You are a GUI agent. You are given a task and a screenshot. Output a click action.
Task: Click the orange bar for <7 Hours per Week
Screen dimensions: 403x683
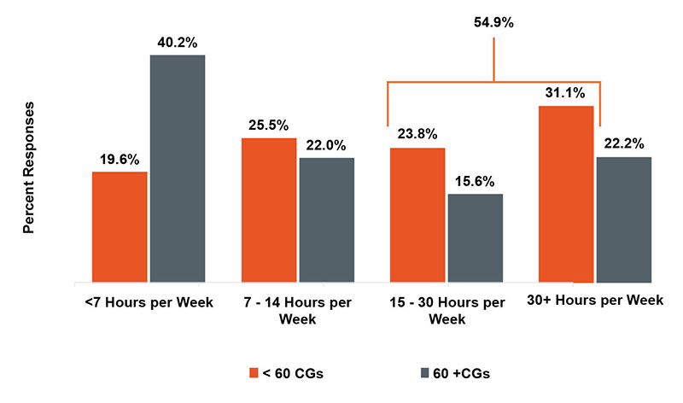[x=120, y=226]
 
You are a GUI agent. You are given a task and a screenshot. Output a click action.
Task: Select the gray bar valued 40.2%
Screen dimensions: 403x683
[x=178, y=168]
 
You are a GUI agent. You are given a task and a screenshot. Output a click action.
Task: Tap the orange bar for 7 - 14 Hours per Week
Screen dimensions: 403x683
[x=269, y=209]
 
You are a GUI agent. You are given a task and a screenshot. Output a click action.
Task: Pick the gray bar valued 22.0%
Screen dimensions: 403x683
[x=326, y=219]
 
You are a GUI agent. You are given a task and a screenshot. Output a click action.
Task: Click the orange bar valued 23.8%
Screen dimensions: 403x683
[x=417, y=214]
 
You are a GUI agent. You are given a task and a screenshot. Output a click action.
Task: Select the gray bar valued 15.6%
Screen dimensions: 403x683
[x=476, y=237]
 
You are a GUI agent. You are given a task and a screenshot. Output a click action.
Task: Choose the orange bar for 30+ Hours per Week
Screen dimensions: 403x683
[x=567, y=194]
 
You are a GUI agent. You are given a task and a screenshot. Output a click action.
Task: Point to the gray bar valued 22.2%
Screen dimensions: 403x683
[x=624, y=219]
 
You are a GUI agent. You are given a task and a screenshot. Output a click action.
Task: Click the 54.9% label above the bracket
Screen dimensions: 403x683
[x=493, y=23]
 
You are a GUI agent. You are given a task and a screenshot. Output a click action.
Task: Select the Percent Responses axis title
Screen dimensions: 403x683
[x=28, y=168]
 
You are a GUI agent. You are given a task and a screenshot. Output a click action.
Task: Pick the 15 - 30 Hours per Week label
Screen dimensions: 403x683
[x=447, y=311]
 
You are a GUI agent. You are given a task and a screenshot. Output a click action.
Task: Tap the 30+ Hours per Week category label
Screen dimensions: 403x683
[x=602, y=302]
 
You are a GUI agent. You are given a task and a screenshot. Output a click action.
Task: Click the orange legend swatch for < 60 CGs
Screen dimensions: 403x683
[x=253, y=373]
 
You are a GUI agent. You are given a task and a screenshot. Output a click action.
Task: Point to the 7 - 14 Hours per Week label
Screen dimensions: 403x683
[x=298, y=311]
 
